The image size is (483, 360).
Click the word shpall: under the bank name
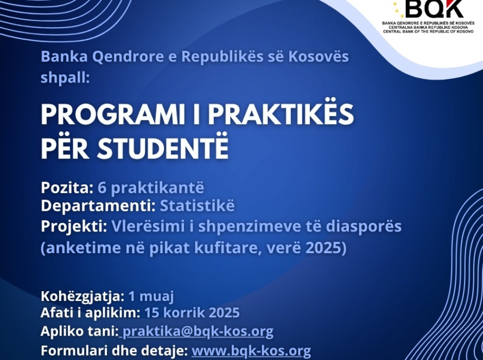pos(65,76)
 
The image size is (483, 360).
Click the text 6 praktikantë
pos(151,188)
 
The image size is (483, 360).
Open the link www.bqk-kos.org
pos(251,351)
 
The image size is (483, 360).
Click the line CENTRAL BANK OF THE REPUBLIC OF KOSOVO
pos(432,32)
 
